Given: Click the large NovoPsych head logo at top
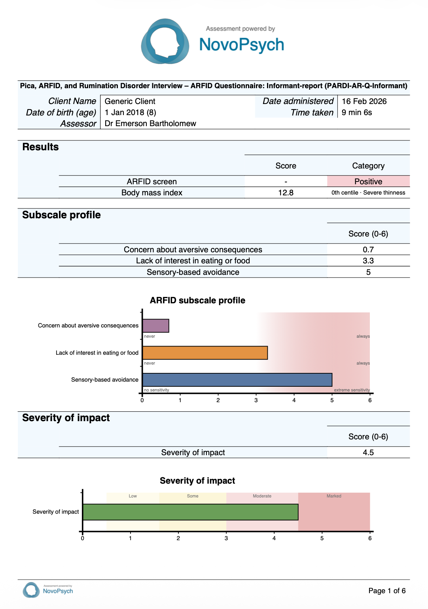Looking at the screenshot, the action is [x=165, y=41].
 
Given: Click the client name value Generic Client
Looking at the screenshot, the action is [x=130, y=101].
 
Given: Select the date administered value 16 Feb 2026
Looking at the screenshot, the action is [x=364, y=101].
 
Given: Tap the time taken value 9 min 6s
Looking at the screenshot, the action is [x=356, y=112].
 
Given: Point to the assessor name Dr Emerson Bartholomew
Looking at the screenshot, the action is [x=150, y=123].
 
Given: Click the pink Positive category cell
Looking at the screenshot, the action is [x=368, y=182].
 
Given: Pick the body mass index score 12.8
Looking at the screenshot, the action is [x=286, y=193].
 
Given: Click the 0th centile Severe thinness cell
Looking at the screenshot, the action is [x=368, y=193].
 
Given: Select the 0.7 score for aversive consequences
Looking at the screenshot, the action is [x=368, y=249].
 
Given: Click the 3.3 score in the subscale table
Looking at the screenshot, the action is [x=368, y=261].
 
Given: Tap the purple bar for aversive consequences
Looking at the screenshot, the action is [x=155, y=326].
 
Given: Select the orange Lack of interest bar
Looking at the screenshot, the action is [x=205, y=353].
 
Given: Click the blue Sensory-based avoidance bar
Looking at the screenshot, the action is [x=237, y=380].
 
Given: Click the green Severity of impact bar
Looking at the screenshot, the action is [x=190, y=512].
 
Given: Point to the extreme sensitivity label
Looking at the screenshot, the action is [x=352, y=390].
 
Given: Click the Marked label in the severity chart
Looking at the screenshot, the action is [x=334, y=496].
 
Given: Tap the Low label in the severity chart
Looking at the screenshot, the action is [x=133, y=496].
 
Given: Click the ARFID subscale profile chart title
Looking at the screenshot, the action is [x=197, y=300].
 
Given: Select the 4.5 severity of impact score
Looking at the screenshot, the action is [x=368, y=452].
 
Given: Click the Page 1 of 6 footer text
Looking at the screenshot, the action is [x=387, y=590].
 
